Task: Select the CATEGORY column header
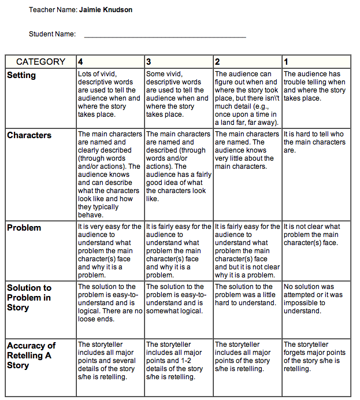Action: point(40,62)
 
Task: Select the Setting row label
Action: point(21,75)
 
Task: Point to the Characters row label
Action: point(29,135)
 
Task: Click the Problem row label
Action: point(24,228)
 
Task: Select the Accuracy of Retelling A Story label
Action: point(31,355)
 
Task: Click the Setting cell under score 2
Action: point(247,98)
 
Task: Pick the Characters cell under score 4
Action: point(110,174)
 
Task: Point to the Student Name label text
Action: point(52,34)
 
